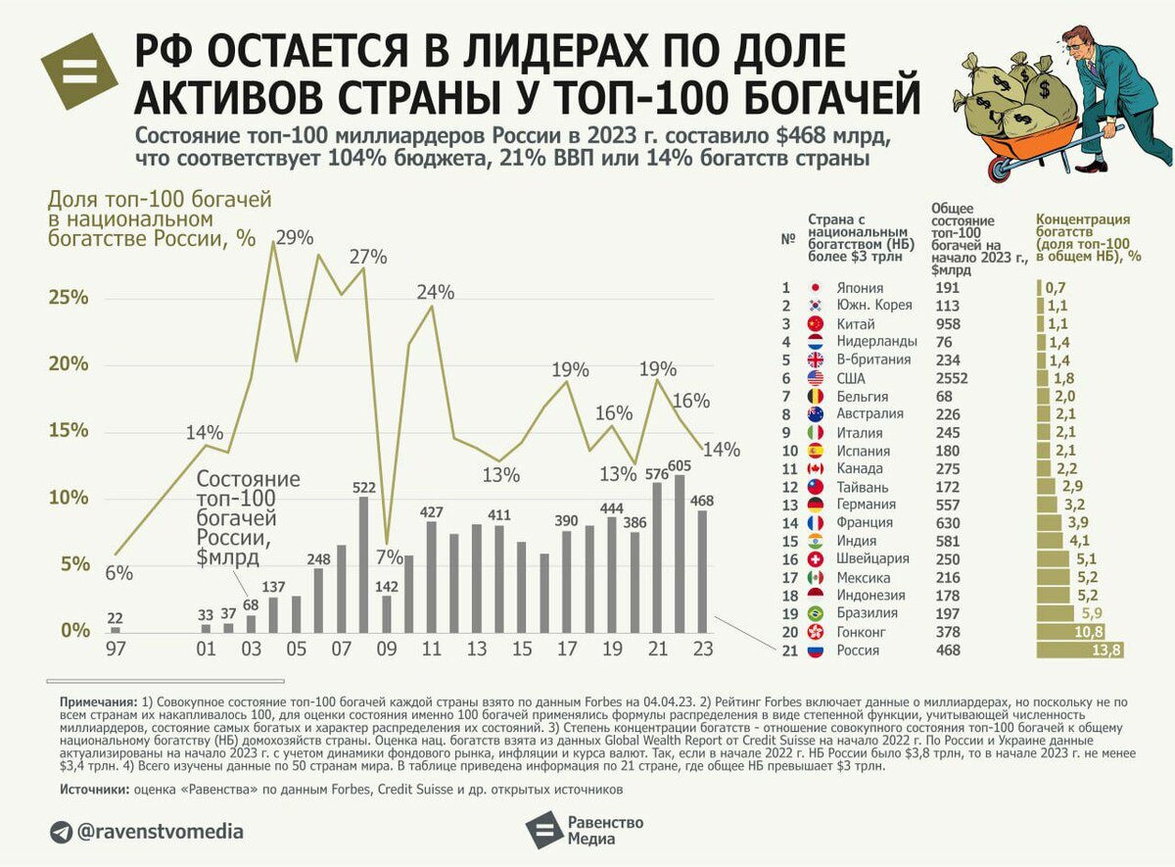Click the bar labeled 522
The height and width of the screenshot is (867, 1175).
[363, 564]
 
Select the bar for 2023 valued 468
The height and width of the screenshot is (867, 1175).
[701, 571]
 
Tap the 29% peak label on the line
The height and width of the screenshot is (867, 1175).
[294, 237]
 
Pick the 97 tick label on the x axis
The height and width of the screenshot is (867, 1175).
[115, 650]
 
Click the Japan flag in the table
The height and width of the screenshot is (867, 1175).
[815, 288]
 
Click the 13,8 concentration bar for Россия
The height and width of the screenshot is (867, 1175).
[1080, 650]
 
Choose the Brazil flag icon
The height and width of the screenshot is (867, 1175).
[815, 614]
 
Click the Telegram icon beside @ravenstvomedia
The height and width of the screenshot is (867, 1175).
[61, 832]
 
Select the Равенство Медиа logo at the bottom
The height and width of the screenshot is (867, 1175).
[585, 830]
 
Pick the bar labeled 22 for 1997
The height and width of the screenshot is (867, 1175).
[116, 629]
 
